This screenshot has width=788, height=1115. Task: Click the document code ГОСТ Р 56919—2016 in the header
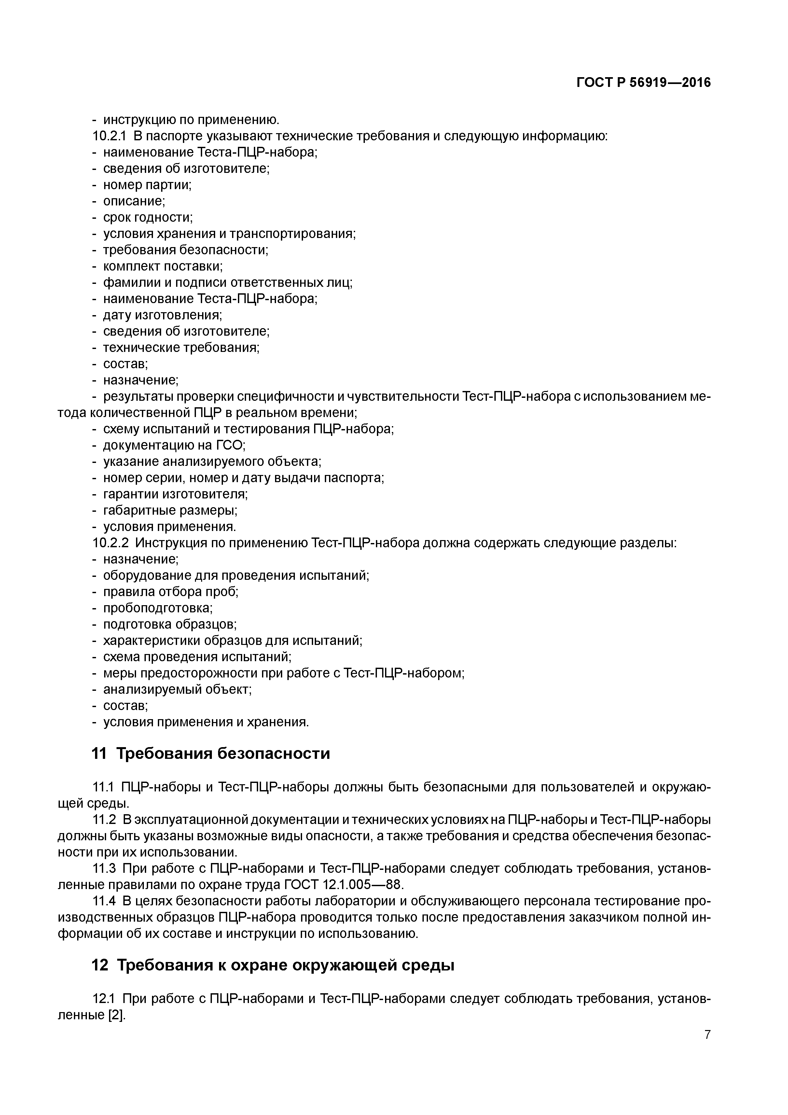click(643, 83)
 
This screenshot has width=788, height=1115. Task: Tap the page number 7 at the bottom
click(707, 1049)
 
